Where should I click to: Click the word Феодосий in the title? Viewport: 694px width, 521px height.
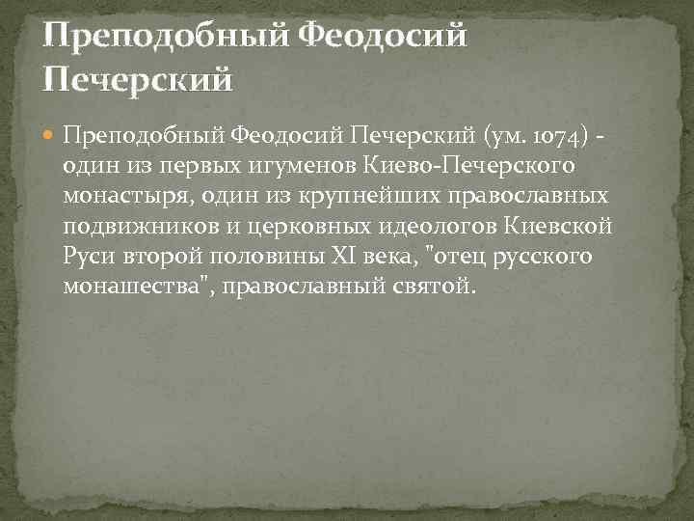click(x=383, y=38)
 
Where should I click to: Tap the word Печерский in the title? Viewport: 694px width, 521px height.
click(x=138, y=78)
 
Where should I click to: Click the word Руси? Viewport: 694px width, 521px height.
click(x=88, y=258)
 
